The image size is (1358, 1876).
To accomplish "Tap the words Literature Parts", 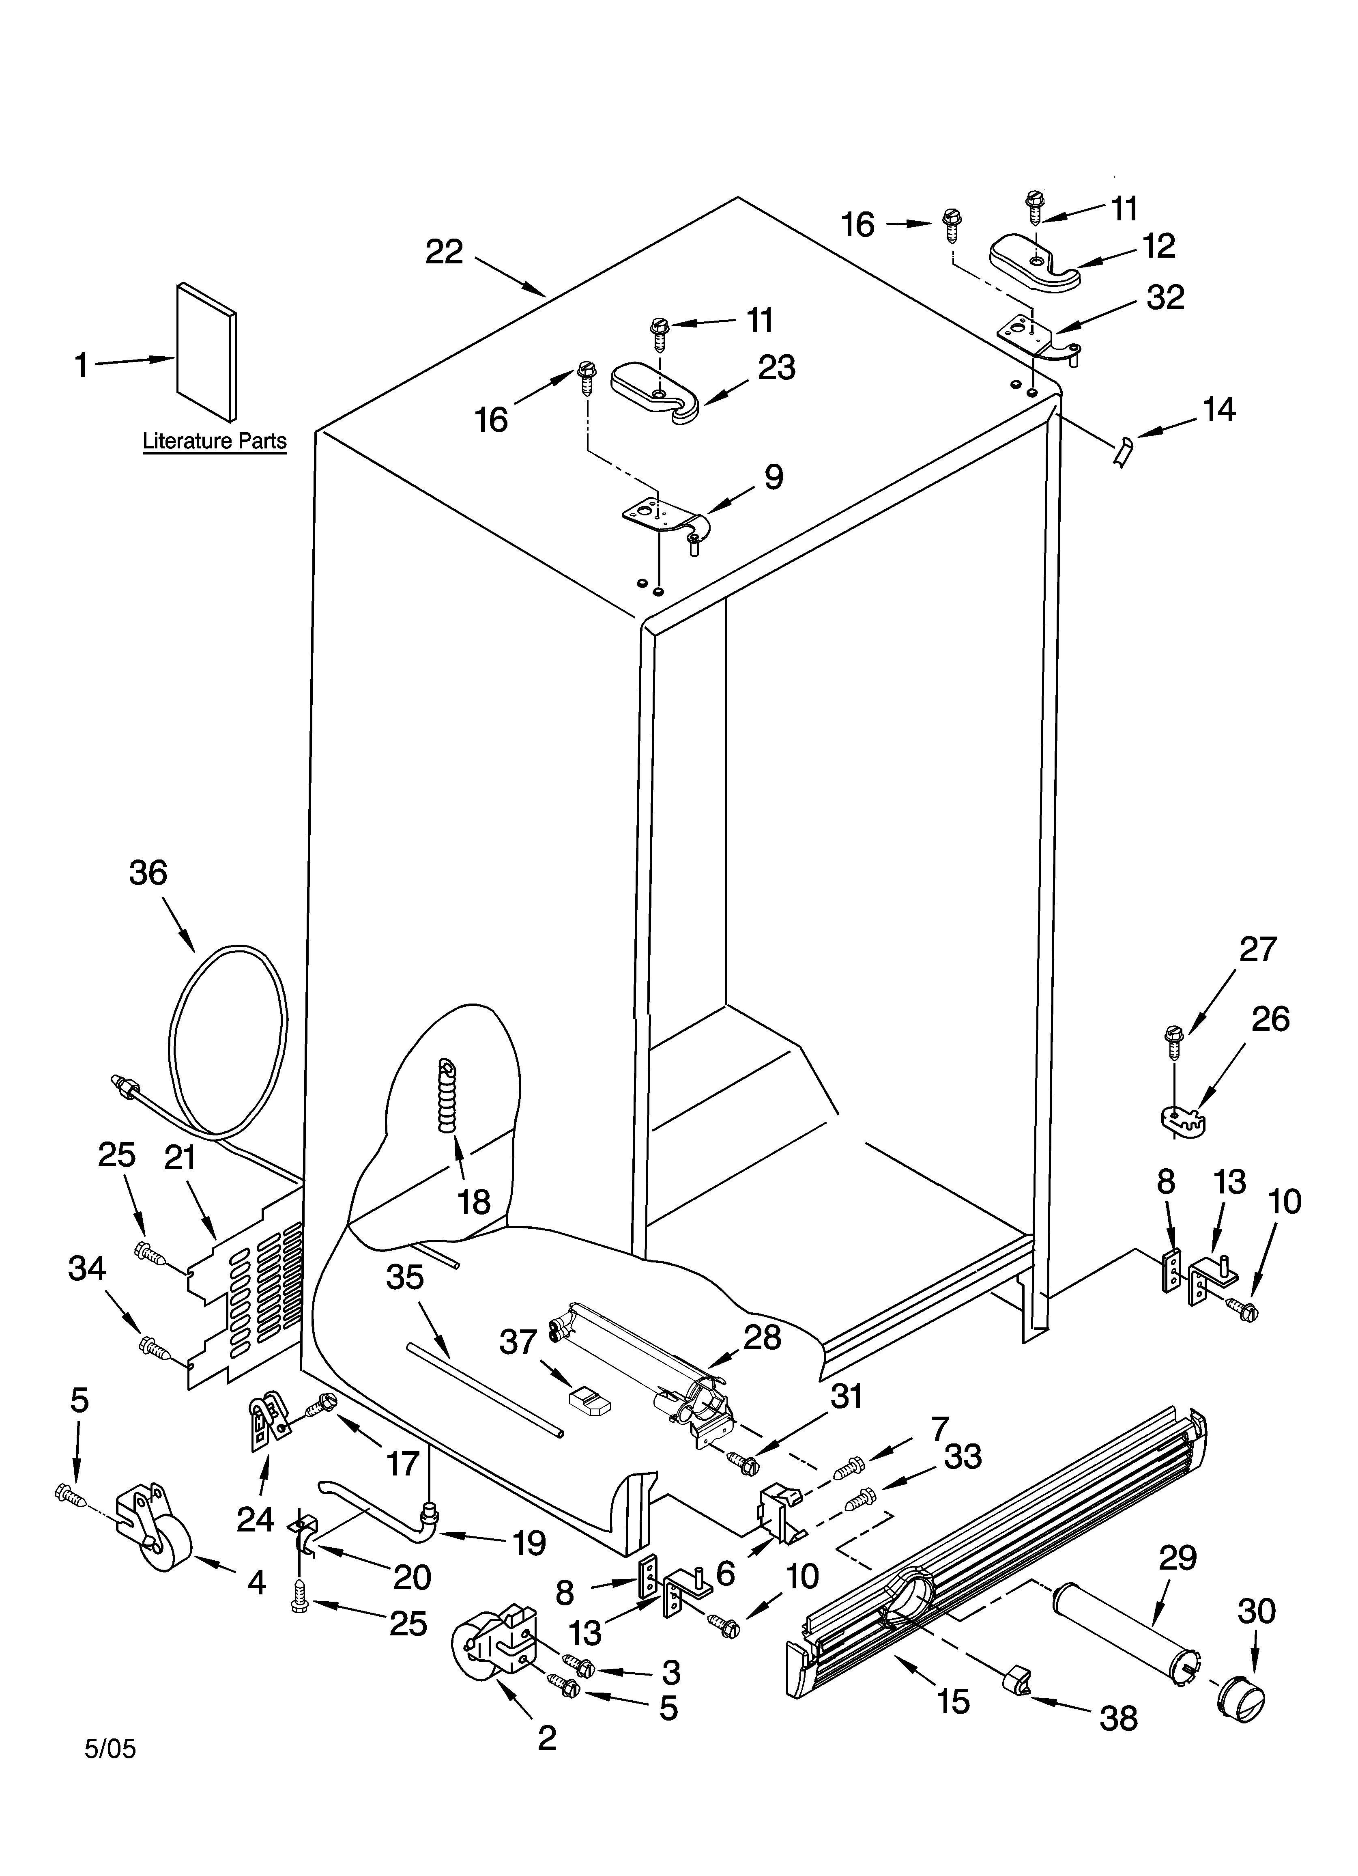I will tap(214, 441).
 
